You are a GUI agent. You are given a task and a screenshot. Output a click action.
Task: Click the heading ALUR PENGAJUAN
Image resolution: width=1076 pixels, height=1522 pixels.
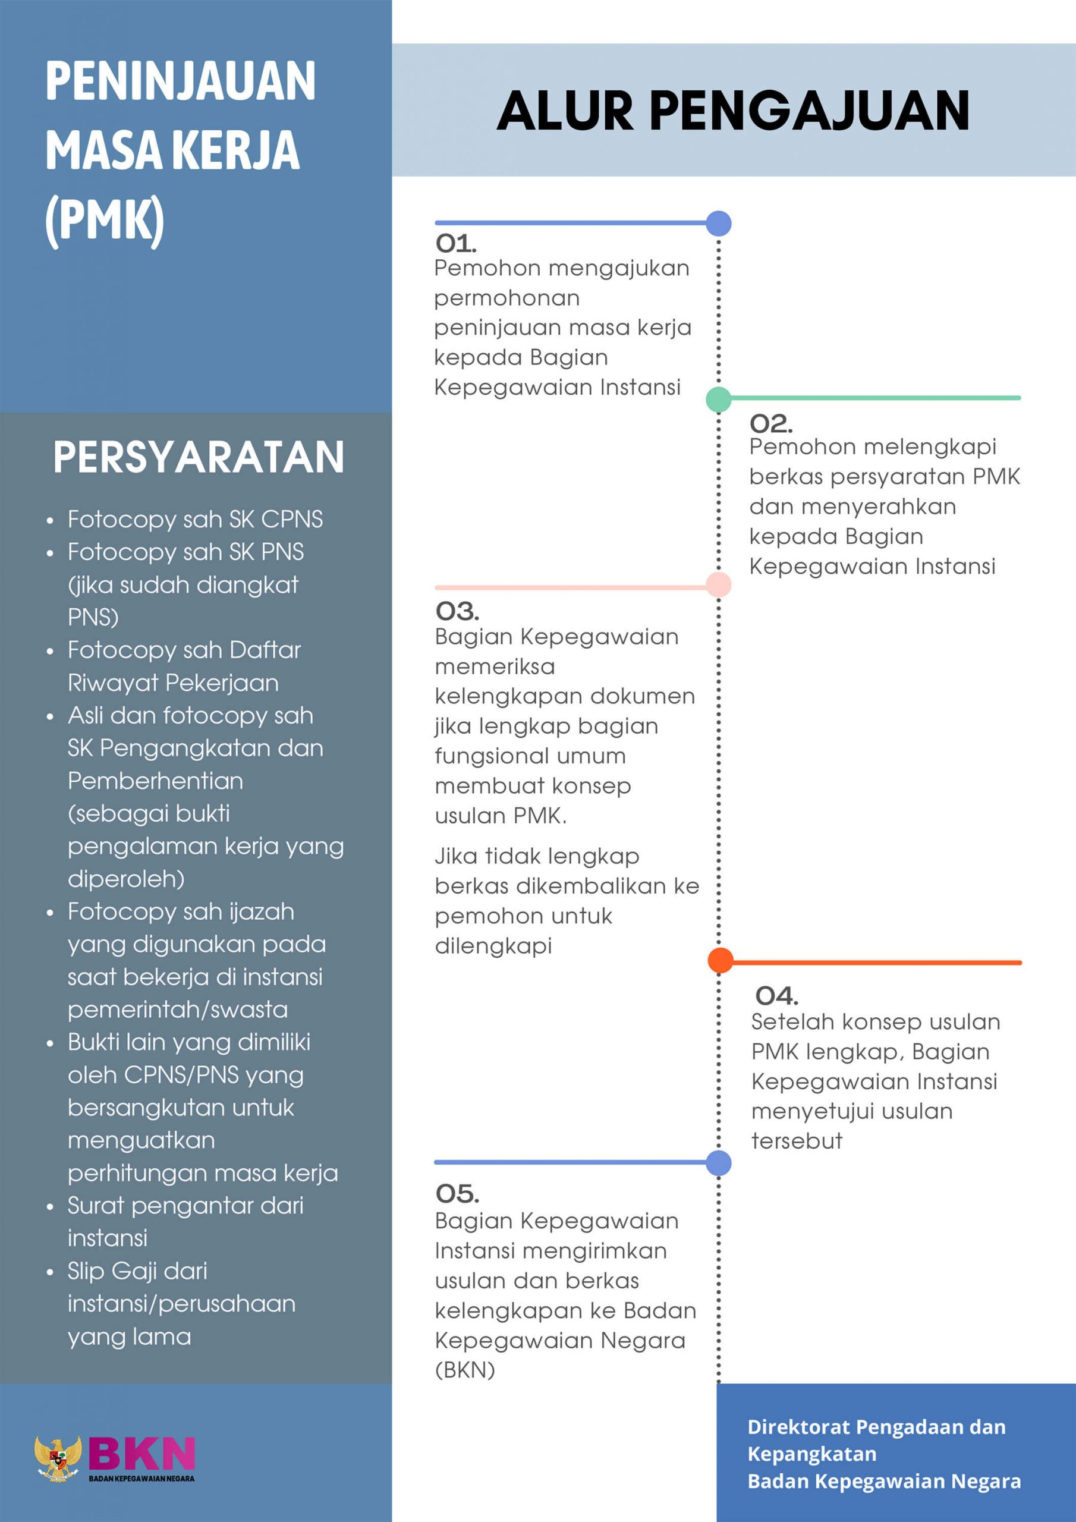(x=732, y=111)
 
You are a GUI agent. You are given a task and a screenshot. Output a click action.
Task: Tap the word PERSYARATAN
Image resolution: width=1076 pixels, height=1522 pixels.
(x=198, y=457)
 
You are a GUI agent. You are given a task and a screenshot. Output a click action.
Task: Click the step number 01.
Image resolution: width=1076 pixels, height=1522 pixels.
(x=455, y=244)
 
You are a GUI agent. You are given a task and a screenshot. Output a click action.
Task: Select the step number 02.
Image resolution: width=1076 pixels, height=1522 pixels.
(x=770, y=423)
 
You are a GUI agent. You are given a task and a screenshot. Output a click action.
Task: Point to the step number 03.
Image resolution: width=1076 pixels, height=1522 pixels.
(x=457, y=611)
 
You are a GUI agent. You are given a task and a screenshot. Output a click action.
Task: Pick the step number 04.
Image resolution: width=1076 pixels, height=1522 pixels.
(x=776, y=996)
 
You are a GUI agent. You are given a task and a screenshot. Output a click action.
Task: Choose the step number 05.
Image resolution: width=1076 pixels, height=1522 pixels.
(x=457, y=1194)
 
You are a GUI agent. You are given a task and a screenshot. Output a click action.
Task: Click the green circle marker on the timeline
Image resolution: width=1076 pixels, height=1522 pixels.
(x=719, y=399)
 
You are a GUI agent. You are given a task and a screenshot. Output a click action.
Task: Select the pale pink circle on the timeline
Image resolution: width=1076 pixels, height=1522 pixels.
(x=719, y=584)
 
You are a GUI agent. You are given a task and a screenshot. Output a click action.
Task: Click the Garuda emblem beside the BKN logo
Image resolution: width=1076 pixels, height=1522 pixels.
(x=58, y=1458)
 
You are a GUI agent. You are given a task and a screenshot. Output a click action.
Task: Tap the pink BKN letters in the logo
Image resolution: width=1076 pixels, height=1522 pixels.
(x=142, y=1453)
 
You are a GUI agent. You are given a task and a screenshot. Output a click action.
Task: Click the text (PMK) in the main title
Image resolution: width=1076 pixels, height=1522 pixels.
(x=105, y=220)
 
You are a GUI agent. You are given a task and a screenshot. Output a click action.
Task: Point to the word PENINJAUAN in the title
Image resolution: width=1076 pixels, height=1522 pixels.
(x=180, y=81)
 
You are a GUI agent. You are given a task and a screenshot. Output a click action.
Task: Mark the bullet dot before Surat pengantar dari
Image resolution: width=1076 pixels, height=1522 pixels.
(x=51, y=1207)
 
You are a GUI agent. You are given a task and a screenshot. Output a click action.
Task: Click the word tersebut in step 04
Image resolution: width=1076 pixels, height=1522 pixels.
(x=796, y=1141)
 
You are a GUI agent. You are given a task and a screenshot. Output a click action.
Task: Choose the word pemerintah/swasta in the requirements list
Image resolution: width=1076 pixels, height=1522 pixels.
(x=178, y=1010)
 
